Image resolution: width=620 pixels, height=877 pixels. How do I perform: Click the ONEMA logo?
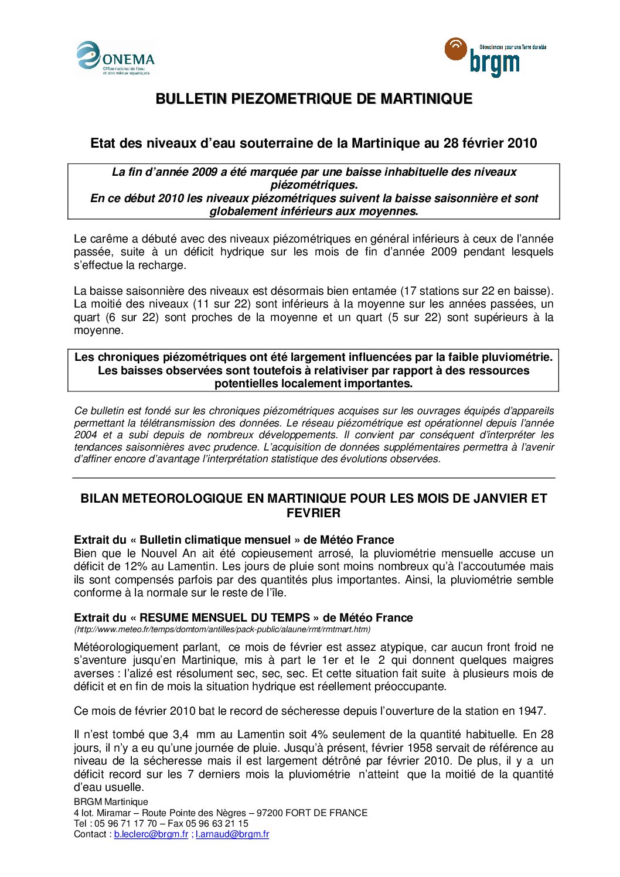point(116,59)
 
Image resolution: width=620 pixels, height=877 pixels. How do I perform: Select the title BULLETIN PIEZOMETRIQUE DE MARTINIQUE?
point(314,99)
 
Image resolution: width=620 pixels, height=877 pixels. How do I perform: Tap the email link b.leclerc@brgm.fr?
point(151,834)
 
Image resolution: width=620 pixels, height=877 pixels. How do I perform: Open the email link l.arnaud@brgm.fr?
point(232,834)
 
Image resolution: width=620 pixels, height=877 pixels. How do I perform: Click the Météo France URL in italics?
point(222,629)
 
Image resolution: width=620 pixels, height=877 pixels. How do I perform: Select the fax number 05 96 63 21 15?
point(217,824)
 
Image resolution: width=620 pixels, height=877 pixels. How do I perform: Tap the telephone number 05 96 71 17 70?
point(125,824)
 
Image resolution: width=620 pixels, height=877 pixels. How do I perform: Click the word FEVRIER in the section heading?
point(313,513)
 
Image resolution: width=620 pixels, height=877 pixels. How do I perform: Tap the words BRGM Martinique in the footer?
point(111,802)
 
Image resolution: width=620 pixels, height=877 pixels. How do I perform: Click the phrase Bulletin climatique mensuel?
point(215,540)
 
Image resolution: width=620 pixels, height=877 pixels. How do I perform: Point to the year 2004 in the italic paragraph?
point(86,435)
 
